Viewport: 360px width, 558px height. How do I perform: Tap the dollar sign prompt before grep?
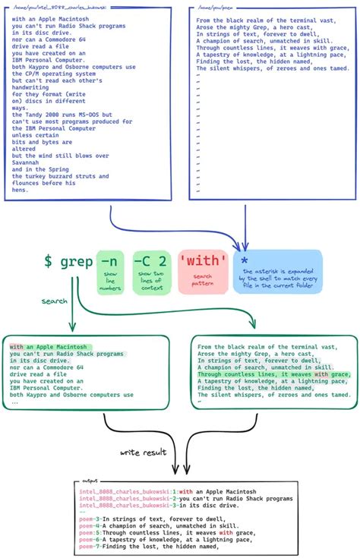(x=48, y=262)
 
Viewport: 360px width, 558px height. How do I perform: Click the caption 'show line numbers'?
(x=109, y=282)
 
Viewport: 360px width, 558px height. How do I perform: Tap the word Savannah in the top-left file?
(x=27, y=162)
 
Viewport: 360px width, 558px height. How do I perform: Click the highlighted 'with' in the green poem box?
(x=321, y=374)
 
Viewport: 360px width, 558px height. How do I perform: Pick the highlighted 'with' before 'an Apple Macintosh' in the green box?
(x=17, y=346)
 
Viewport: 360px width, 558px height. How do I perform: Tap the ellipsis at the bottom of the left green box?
(x=15, y=402)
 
